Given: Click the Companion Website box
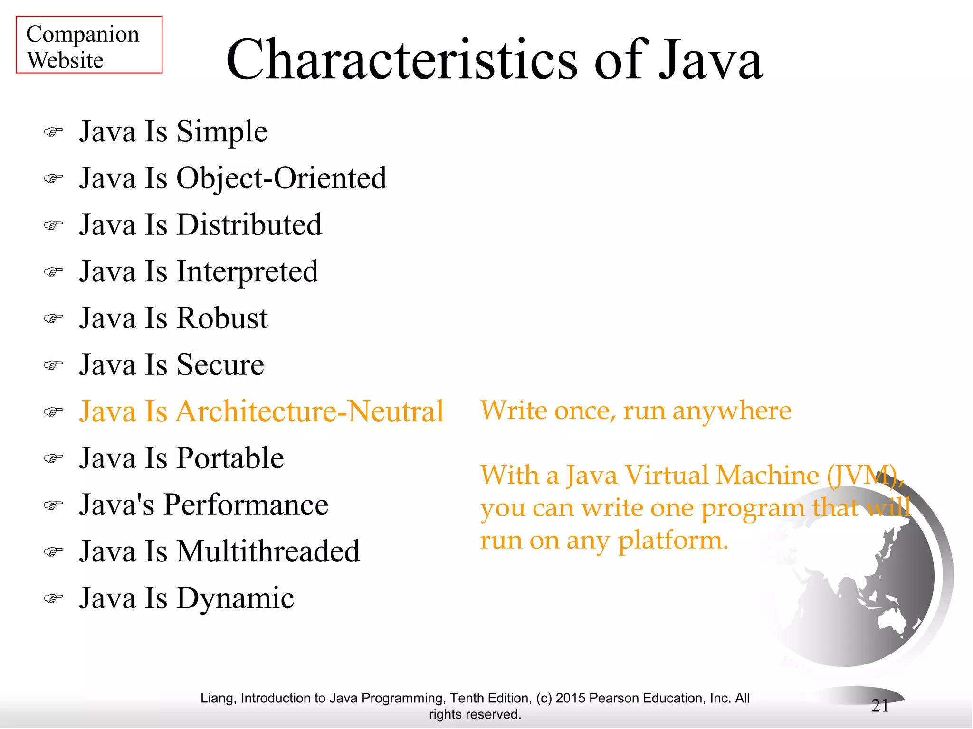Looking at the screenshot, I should point(89,45).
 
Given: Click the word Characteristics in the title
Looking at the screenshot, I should point(401,60).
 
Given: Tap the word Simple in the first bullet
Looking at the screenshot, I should point(222,131).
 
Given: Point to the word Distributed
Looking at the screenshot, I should point(249,225).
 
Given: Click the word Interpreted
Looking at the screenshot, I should point(247,272).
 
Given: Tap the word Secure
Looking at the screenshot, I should point(220,365).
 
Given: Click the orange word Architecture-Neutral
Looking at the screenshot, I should point(310,411).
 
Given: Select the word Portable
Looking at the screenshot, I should point(230,458).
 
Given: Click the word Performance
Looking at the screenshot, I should point(246,505).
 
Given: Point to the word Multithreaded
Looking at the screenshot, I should point(268,552).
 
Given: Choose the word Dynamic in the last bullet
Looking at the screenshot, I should point(235,598).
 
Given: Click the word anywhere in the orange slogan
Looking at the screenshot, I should point(732,411).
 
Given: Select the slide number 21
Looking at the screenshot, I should point(880,706).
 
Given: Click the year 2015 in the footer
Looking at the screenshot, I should point(571,698).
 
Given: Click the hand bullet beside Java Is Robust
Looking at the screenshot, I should point(53,318).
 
